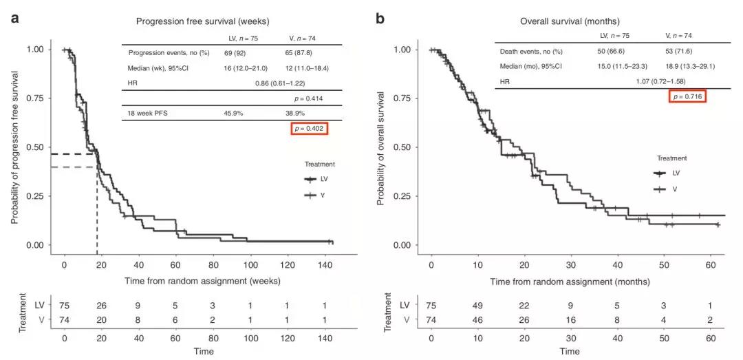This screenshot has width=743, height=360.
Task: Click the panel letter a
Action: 14,18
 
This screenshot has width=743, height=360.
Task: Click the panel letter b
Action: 380,18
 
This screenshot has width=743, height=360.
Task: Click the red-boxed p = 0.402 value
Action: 309,129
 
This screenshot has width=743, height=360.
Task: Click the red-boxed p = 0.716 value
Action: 687,97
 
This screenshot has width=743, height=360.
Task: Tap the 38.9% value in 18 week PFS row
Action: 295,114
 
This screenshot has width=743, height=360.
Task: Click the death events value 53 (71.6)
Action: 679,50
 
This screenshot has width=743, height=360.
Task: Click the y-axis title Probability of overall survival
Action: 380,147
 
